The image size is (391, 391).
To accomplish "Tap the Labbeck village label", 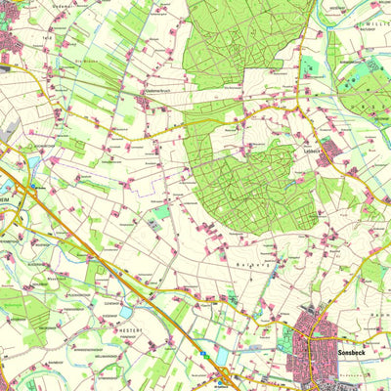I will (x=312, y=150).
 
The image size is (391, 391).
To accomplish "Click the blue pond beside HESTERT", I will (x=128, y=312).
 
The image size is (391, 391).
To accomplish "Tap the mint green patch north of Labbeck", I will (x=311, y=68).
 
